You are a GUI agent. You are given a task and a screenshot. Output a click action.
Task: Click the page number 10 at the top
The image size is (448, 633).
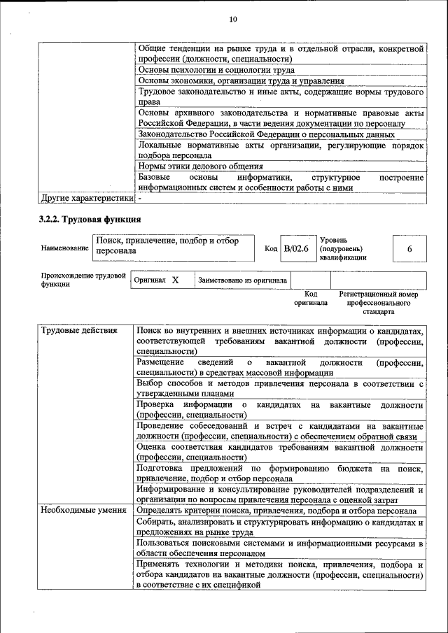coord(233,19)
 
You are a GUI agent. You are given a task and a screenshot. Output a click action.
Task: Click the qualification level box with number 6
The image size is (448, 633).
coord(409,249)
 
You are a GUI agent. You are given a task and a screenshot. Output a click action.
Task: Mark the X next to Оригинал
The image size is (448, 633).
coord(176,280)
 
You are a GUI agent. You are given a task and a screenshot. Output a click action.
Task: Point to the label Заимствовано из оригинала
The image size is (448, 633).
coord(242,280)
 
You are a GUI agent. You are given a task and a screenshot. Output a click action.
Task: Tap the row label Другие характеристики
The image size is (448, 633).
coord(84,198)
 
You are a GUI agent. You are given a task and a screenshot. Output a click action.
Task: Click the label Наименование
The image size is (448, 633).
coord(64,248)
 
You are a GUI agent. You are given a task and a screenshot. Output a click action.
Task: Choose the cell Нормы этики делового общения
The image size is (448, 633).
coord(201,166)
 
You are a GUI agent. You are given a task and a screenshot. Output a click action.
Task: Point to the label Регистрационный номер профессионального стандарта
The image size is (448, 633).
coord(378,303)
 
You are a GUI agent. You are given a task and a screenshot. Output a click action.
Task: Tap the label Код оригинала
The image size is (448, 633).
coord(311,299)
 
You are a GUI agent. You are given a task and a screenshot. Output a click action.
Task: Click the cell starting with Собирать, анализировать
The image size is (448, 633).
coord(280,528)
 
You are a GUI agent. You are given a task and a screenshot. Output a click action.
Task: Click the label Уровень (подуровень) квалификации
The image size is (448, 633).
coord(342,248)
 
